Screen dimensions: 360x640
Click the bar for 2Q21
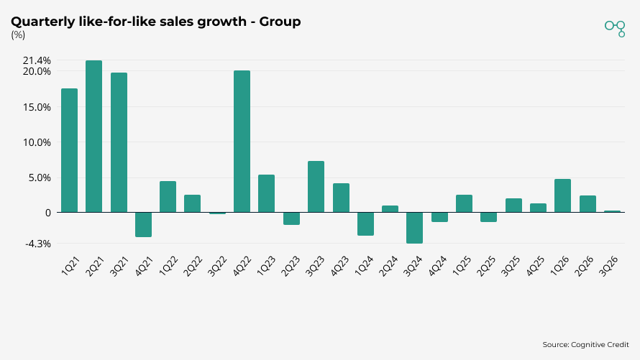(x=93, y=137)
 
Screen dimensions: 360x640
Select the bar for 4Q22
(x=242, y=142)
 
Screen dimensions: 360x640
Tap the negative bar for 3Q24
(x=414, y=228)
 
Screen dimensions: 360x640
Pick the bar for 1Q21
(x=69, y=150)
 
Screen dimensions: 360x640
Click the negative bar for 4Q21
(x=143, y=224)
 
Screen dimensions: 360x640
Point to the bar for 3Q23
(x=316, y=187)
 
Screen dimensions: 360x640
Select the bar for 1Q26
(x=562, y=195)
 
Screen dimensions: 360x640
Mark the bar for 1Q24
(x=365, y=223)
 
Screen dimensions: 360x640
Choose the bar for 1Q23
(x=266, y=193)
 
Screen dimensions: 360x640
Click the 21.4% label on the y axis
(x=37, y=60)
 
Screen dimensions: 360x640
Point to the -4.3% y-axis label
(x=37, y=244)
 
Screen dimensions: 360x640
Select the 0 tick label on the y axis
(x=47, y=213)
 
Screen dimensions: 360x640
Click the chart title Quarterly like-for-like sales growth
(x=155, y=22)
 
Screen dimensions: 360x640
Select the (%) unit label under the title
(x=18, y=35)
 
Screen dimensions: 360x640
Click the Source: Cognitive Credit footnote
(x=585, y=345)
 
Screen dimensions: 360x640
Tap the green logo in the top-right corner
(x=615, y=27)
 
